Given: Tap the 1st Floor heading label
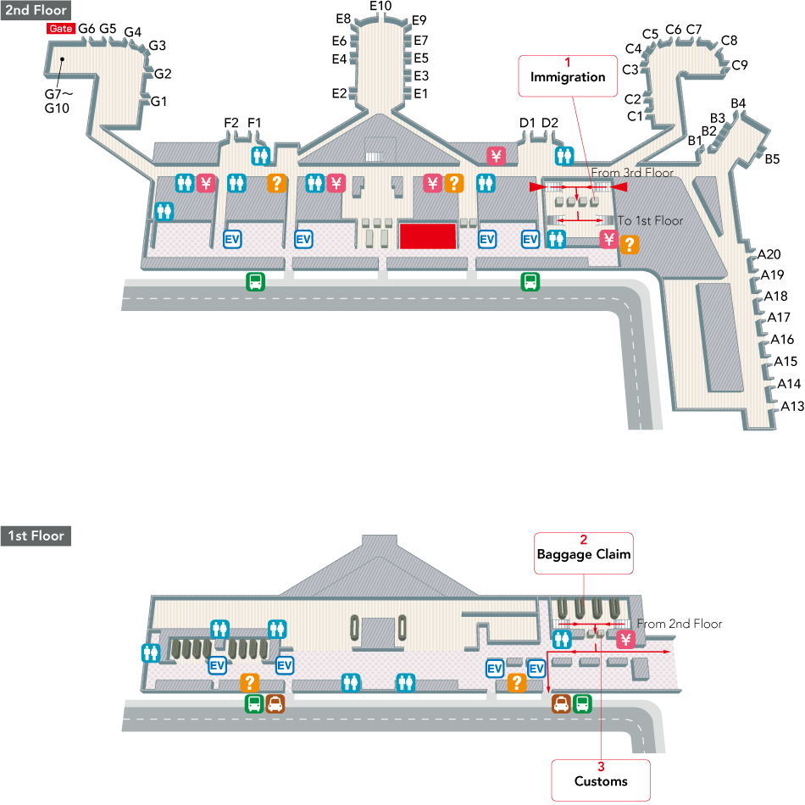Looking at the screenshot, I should click(x=36, y=536).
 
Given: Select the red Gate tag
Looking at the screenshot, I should click(x=61, y=28).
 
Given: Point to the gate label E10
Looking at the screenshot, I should click(x=380, y=7).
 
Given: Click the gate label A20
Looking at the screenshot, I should click(x=769, y=253).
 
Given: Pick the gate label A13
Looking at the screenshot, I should click(x=791, y=405).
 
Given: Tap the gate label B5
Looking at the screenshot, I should click(x=772, y=158).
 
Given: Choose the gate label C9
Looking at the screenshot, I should click(x=739, y=64).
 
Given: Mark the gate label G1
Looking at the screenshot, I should click(x=158, y=101).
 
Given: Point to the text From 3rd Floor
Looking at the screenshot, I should click(x=632, y=173).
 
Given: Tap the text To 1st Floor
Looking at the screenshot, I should click(x=650, y=220).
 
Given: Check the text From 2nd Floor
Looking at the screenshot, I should click(x=680, y=624).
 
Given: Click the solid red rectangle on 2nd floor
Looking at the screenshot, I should click(x=428, y=236).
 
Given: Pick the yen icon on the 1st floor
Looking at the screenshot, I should click(x=625, y=640).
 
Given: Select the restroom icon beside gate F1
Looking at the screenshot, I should click(x=261, y=156).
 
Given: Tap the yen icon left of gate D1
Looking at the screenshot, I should click(x=497, y=156).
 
